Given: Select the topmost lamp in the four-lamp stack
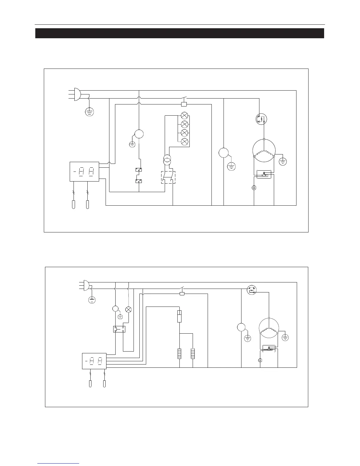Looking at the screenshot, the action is coord(184,115).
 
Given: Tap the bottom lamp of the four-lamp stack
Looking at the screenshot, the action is coord(184,142).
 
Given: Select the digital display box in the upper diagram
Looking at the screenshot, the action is coord(84,172).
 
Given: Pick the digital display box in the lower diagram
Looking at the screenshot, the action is coord(94,361).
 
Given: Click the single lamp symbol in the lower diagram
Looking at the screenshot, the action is coord(129,309).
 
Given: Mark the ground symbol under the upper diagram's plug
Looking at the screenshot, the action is coord(89,112).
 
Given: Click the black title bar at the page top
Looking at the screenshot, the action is coord(180,33).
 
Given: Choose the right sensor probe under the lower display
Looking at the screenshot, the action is coord(104,384).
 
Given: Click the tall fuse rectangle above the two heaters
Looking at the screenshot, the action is coord(179,316).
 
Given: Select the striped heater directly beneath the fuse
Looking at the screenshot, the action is coord(179,353).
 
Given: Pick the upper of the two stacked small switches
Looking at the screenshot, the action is coord(139,170).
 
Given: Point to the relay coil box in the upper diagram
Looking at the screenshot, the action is coord(184,104).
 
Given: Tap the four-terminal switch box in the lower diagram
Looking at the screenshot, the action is coord(119,329).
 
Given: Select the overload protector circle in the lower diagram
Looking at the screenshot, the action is coord(252,290).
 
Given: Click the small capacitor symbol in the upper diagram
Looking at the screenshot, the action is coord(254,187).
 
